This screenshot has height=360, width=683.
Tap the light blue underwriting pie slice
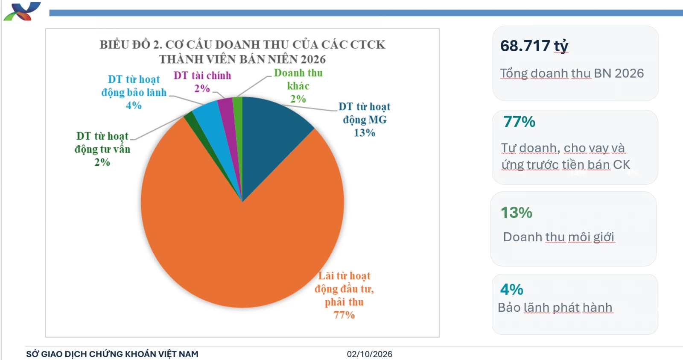213,128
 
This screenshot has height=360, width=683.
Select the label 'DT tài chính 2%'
202,82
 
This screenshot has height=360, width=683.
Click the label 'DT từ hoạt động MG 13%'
365,119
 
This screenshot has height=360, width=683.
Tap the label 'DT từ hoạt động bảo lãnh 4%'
134,92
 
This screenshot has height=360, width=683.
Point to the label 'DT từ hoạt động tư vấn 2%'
102,149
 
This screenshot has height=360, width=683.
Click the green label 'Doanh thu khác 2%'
298,86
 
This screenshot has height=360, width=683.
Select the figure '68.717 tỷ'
534,47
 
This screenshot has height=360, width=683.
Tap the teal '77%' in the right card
519,121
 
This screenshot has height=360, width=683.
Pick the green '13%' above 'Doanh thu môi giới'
517,213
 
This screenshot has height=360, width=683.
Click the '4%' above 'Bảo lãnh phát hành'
512,289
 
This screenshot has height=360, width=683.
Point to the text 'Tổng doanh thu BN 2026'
572,73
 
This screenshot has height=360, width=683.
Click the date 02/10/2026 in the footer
370,354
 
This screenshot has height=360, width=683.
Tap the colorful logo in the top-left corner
22,11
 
